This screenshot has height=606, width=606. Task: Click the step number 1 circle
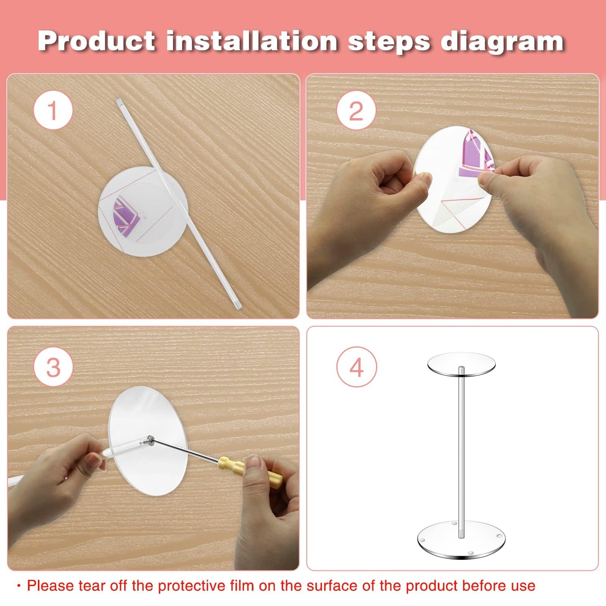click(53, 110)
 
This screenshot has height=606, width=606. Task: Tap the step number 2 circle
click(356, 110)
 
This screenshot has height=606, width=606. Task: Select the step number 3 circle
click(53, 367)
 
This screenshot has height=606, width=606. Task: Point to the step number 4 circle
click(356, 367)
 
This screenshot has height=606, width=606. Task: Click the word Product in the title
click(96, 41)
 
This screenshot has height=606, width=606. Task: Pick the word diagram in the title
click(502, 42)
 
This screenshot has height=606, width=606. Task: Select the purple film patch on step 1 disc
click(125, 217)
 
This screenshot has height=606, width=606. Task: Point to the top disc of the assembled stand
click(461, 364)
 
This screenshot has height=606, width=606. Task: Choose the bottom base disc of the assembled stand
click(461, 540)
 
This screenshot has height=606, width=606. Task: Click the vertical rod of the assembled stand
click(461, 452)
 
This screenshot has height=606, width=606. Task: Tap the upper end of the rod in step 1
click(119, 101)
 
